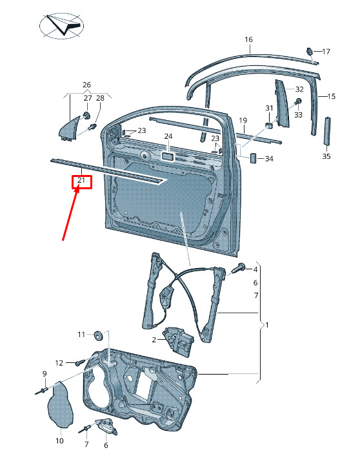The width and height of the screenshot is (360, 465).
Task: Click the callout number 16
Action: pos(248,39)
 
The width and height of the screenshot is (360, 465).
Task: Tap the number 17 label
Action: pos(326,52)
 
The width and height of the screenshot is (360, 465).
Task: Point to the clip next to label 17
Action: pos(310,51)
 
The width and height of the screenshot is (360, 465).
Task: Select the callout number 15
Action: pos(331,96)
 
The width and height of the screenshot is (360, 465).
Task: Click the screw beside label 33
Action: pos(297,101)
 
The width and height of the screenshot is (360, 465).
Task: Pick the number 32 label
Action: pos(299,89)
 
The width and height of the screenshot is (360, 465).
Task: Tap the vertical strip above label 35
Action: pos(327,131)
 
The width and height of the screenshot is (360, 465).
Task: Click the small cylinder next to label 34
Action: pos(254,158)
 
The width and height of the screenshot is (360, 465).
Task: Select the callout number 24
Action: pos(168,136)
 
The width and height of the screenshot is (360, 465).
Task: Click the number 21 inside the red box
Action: pos(81,180)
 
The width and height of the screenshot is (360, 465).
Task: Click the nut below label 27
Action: pos(87,115)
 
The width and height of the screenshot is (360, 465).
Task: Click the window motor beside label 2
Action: pos(178,340)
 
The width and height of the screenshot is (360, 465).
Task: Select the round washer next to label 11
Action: pos(98,335)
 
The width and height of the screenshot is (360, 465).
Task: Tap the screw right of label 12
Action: pos(79,362)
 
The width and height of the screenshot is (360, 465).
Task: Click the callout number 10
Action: pos(59,440)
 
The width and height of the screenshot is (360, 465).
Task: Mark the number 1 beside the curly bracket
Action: pos(267,325)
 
